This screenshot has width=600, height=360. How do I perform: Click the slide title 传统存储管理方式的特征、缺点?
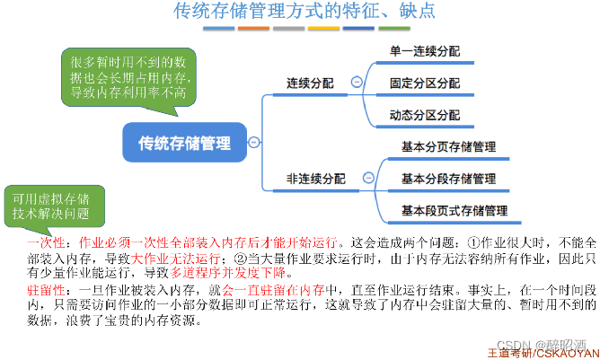point(298,12)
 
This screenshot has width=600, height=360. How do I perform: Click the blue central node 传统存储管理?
point(184,142)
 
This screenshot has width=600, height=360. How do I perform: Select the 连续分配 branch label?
point(310,83)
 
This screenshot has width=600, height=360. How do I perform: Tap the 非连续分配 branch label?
point(315,179)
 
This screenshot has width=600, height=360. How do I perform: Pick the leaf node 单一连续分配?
point(424,51)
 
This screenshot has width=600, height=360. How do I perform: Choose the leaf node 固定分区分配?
point(424,83)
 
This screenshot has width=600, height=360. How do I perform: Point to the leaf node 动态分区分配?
point(424,115)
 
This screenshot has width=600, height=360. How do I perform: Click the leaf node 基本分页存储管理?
point(448,146)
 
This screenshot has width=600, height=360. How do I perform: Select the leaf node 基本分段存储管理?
point(448,179)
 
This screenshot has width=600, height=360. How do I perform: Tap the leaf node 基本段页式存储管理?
point(454,211)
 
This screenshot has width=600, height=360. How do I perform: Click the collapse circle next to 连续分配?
point(357,83)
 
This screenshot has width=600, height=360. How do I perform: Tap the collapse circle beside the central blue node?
point(254,142)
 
